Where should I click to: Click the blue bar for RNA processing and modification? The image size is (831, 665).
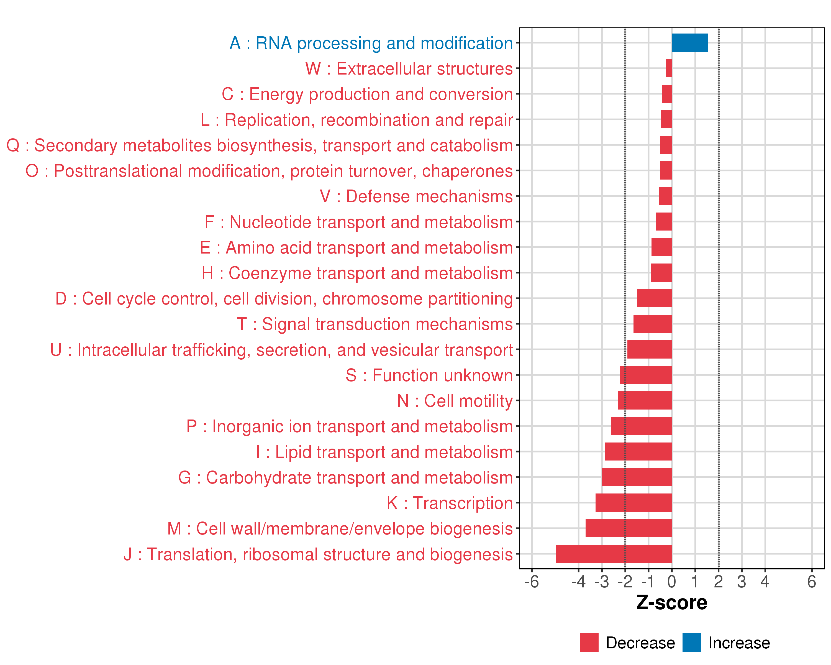[x=689, y=43]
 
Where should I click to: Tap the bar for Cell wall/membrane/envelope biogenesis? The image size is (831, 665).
[x=628, y=528]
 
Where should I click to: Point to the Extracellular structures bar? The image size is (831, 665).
[x=669, y=68]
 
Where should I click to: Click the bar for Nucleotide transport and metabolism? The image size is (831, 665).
[x=663, y=222]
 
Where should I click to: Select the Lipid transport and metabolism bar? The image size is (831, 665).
[x=638, y=451]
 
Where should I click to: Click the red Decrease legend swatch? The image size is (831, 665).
[x=589, y=643]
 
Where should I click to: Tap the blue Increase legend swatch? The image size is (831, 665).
[x=691, y=643]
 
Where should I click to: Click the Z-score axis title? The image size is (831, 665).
[x=671, y=603]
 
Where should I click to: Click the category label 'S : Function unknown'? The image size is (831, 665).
[x=429, y=375]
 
